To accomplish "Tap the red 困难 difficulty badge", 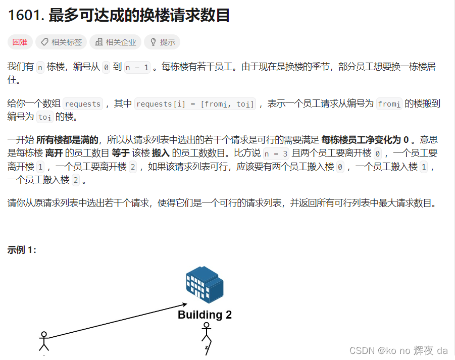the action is pos(20,42).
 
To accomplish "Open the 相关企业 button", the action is pos(115,42).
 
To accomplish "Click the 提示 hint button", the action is pos(162,42).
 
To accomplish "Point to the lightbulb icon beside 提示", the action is pos(154,42).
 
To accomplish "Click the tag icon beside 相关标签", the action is pos(45,42).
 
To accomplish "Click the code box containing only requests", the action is pos(83,104).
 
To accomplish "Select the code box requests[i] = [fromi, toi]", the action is pos(195,104).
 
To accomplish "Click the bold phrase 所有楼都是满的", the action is pos(67,140).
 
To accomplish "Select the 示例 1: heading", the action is pos(22,250).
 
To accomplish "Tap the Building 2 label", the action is pos(205,315).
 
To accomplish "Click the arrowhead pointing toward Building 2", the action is pos(185,304).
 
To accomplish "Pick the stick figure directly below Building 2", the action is pos(206,338).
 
